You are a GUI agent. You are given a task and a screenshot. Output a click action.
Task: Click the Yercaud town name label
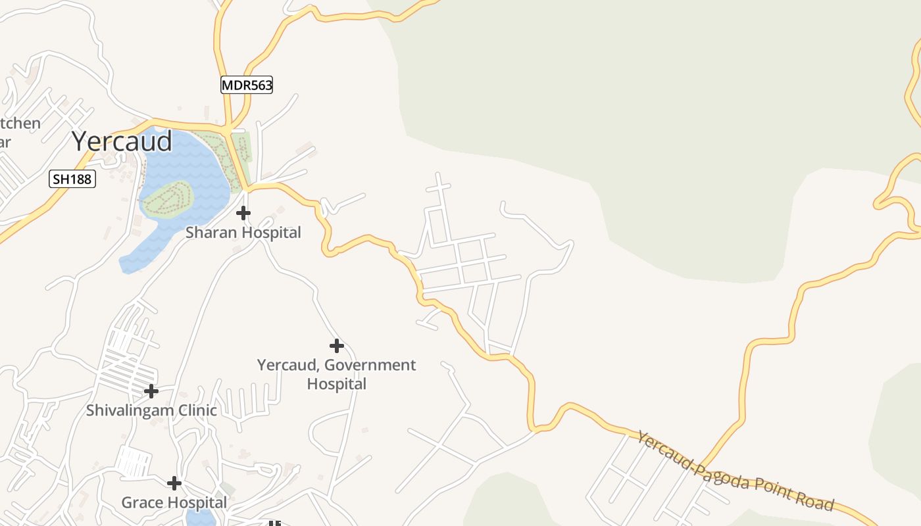(x=122, y=141)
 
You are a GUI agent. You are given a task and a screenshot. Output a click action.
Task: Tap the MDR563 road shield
(x=247, y=85)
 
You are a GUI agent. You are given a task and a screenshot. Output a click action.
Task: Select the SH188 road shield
(x=72, y=178)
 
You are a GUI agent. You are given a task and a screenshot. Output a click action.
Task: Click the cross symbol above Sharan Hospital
(x=243, y=213)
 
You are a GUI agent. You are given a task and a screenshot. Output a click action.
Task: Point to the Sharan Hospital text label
(x=243, y=232)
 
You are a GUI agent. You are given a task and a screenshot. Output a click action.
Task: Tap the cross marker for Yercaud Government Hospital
(x=336, y=346)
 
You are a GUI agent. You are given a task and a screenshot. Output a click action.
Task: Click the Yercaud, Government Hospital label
(x=336, y=373)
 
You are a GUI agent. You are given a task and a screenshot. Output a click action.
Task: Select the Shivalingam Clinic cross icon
(x=151, y=391)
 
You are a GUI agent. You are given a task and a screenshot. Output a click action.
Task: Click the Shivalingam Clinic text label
(x=151, y=410)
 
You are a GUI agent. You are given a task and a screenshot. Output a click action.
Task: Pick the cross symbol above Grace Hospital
(x=174, y=483)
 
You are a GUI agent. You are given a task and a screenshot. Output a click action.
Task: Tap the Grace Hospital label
(x=174, y=502)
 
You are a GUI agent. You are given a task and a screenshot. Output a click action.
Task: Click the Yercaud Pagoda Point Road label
(x=735, y=471)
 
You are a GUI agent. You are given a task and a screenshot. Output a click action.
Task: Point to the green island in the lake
(x=167, y=199)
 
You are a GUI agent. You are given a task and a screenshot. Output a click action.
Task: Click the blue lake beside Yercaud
(x=197, y=164)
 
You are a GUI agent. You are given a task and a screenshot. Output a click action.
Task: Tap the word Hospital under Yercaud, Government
(x=336, y=383)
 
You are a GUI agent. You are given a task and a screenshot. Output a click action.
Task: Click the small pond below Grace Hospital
(x=201, y=517)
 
